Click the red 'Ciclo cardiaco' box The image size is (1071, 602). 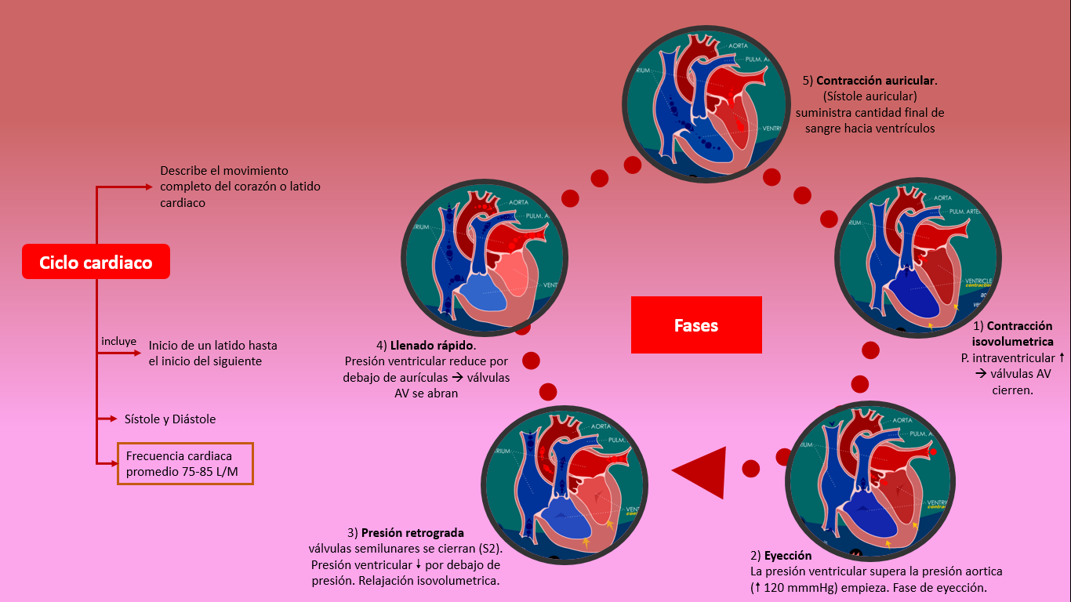[96, 263]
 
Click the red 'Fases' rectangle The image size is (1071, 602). [696, 325]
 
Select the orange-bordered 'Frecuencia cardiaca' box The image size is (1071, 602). [185, 463]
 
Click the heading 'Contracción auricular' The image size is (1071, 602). [876, 81]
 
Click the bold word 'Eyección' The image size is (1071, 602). [787, 555]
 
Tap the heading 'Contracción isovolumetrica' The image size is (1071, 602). [1012, 334]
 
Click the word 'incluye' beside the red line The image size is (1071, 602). [118, 342]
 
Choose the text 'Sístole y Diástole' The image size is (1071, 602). [170, 419]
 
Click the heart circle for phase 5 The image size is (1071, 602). [706, 105]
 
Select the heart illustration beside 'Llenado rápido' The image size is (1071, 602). [485, 258]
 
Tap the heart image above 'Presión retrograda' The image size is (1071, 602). [565, 484]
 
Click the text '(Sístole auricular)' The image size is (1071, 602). [869, 96]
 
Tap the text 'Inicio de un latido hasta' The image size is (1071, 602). [212, 345]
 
